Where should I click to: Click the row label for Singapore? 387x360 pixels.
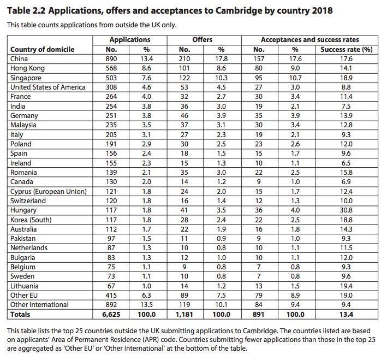[27, 78]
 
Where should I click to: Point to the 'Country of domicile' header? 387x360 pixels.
[42, 49]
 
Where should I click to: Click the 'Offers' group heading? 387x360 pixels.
[203, 40]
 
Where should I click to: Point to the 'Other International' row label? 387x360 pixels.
[40, 304]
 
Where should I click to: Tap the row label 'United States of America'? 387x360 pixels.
[48, 87]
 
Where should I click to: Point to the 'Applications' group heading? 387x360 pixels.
[129, 40]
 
